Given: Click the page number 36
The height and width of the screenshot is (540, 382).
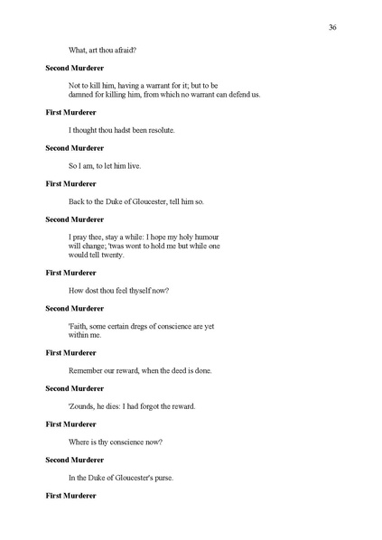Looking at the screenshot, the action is [x=332, y=28].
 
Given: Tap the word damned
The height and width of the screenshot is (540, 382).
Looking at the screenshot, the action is [x=82, y=95].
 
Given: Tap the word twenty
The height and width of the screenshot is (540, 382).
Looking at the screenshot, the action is [x=123, y=255].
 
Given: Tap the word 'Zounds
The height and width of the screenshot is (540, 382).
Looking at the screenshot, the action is [x=86, y=405].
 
